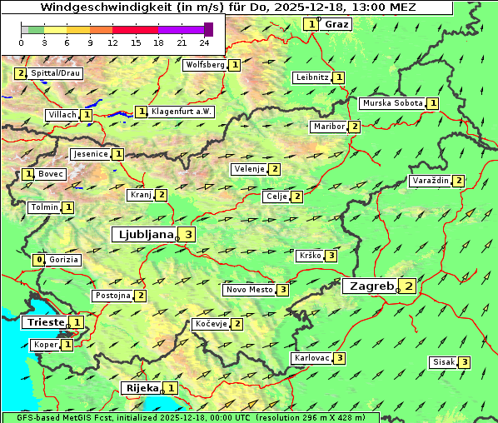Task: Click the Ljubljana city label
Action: coord(144,235)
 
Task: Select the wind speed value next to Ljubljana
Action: coord(189,235)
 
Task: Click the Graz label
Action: coord(336,24)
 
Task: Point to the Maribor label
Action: coord(329,127)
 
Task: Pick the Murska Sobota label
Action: coord(391,103)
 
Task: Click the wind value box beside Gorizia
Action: coord(38,260)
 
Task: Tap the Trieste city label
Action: coord(45,322)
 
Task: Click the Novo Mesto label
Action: coord(250,290)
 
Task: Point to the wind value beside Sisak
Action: coord(464,362)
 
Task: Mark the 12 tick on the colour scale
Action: coord(112,42)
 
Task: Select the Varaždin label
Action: coord(431,181)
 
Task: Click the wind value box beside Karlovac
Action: coord(340,358)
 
